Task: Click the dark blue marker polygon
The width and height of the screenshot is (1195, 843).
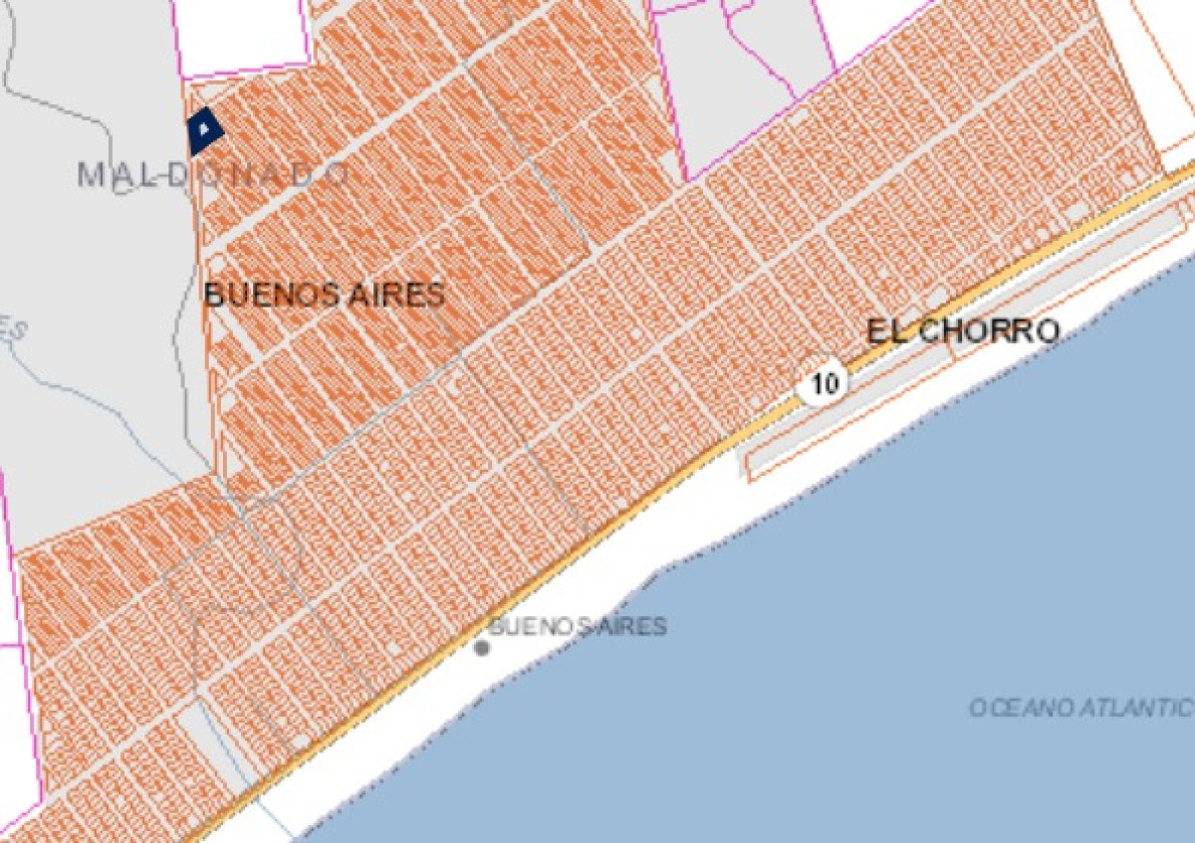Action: [x=204, y=130]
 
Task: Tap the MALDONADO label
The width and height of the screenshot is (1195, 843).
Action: [x=213, y=174]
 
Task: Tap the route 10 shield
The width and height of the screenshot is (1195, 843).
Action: [x=824, y=382]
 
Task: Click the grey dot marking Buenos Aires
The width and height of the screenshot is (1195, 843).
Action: [x=482, y=648]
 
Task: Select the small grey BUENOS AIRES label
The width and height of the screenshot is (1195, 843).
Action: [x=577, y=627]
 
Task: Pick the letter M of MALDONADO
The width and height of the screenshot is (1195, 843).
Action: [x=90, y=174]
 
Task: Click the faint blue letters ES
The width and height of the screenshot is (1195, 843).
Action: [x=12, y=331]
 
